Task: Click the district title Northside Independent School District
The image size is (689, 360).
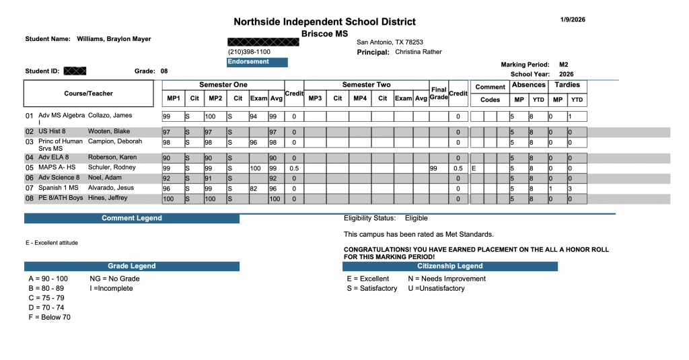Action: pyautogui.click(x=324, y=22)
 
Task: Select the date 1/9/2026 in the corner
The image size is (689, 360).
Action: pyautogui.click(x=572, y=20)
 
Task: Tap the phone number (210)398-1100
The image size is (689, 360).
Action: pyautogui.click(x=249, y=52)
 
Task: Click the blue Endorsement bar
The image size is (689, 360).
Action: pyautogui.click(x=257, y=62)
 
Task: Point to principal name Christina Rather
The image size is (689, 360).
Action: pyautogui.click(x=419, y=52)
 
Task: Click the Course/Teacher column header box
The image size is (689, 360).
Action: pyautogui.click(x=89, y=94)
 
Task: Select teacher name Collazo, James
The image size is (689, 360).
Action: pyautogui.click(x=110, y=116)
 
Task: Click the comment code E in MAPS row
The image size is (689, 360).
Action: pyautogui.click(x=474, y=168)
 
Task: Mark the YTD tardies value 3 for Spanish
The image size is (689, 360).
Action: pyautogui.click(x=571, y=188)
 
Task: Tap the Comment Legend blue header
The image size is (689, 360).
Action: pyautogui.click(x=132, y=219)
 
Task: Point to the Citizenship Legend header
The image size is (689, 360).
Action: pyautogui.click(x=449, y=266)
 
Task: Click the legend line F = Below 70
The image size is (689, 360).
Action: pyautogui.click(x=49, y=317)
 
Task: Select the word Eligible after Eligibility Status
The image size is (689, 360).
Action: pyautogui.click(x=416, y=219)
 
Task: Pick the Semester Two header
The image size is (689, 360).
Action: pyautogui.click(x=366, y=85)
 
